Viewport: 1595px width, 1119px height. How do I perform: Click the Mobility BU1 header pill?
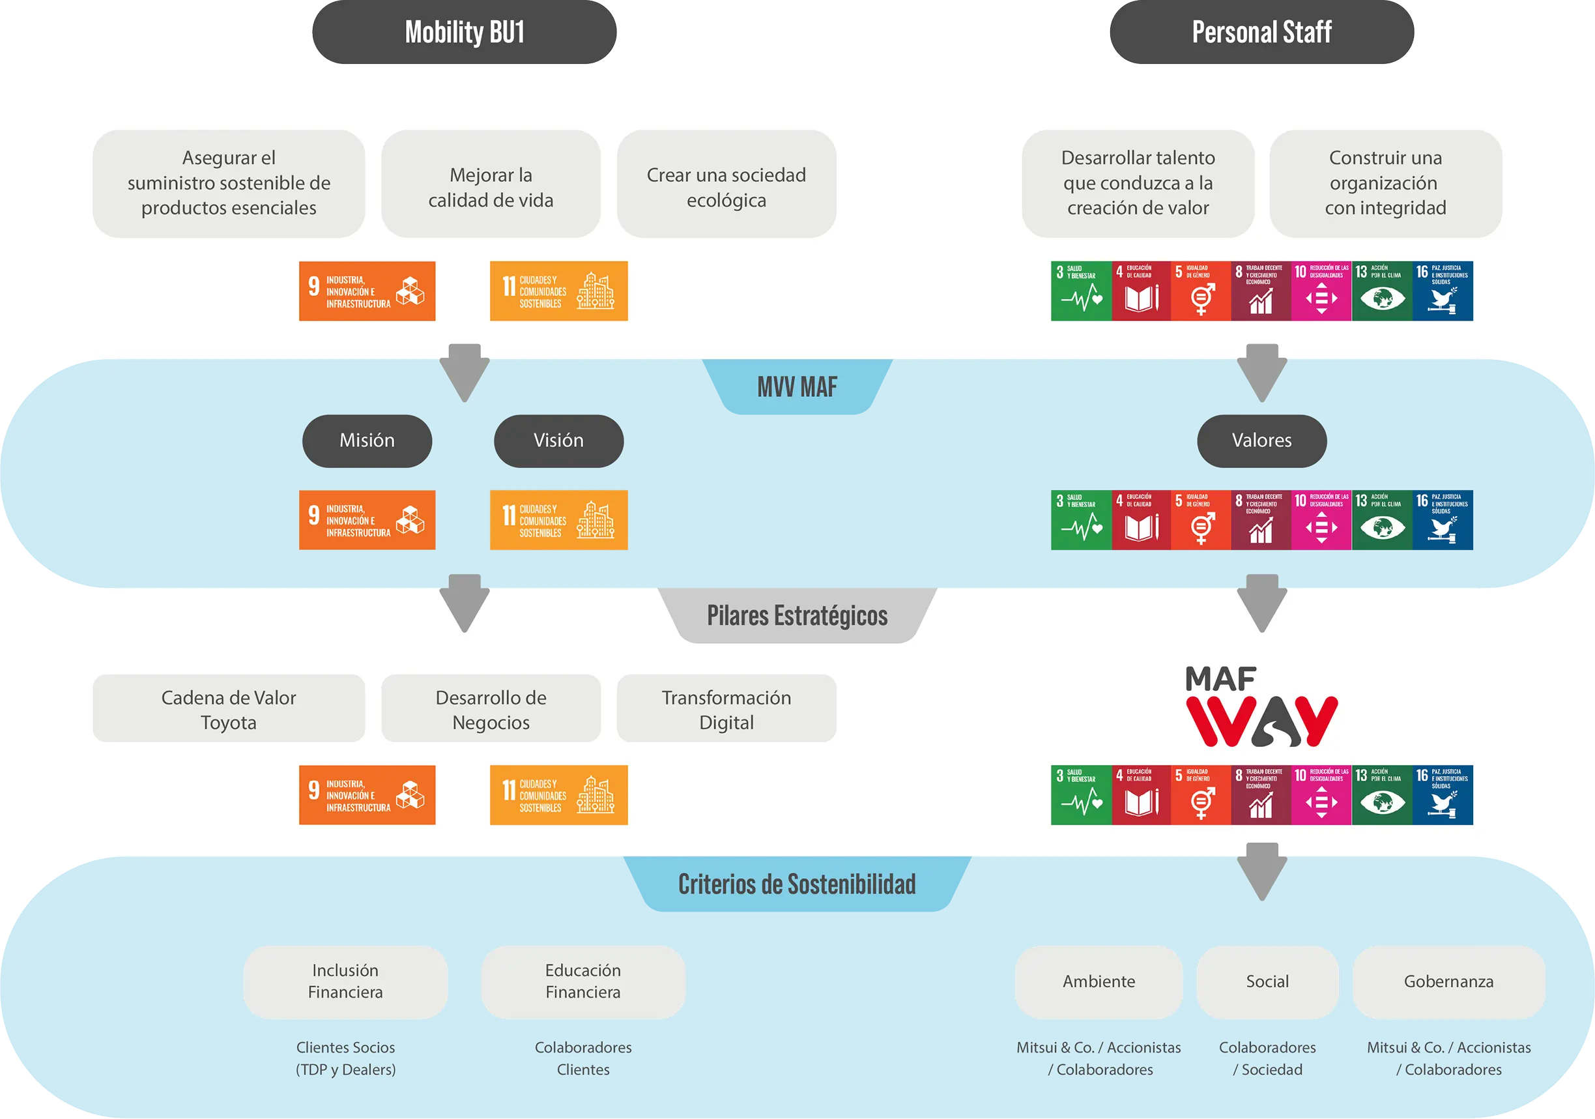tap(464, 33)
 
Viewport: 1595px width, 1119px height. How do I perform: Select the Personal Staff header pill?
tap(1261, 33)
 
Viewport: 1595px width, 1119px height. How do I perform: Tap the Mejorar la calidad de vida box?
tap(491, 184)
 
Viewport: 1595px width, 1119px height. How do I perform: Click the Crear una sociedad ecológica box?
tap(726, 184)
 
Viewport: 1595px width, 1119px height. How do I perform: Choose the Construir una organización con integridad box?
tap(1385, 184)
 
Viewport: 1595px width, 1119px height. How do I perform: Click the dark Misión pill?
tap(367, 441)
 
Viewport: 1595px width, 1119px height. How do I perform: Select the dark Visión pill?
tap(558, 441)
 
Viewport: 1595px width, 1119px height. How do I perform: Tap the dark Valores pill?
tap(1261, 441)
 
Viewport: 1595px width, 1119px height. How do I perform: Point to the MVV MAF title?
tap(797, 387)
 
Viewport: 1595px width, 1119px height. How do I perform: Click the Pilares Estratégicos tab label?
tap(797, 616)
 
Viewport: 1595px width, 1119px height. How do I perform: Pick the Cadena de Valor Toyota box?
tap(229, 709)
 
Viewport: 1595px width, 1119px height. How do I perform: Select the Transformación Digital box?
tap(726, 709)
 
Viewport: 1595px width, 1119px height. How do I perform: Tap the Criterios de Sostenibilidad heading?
tap(797, 884)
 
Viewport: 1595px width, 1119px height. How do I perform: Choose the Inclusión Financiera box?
tap(345, 981)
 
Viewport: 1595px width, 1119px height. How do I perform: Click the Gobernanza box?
tap(1448, 981)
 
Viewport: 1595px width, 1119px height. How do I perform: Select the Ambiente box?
tap(1099, 981)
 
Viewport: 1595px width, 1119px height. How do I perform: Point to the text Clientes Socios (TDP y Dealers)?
tap(345, 1058)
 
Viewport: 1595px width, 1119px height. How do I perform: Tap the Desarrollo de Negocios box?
tap(491, 709)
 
